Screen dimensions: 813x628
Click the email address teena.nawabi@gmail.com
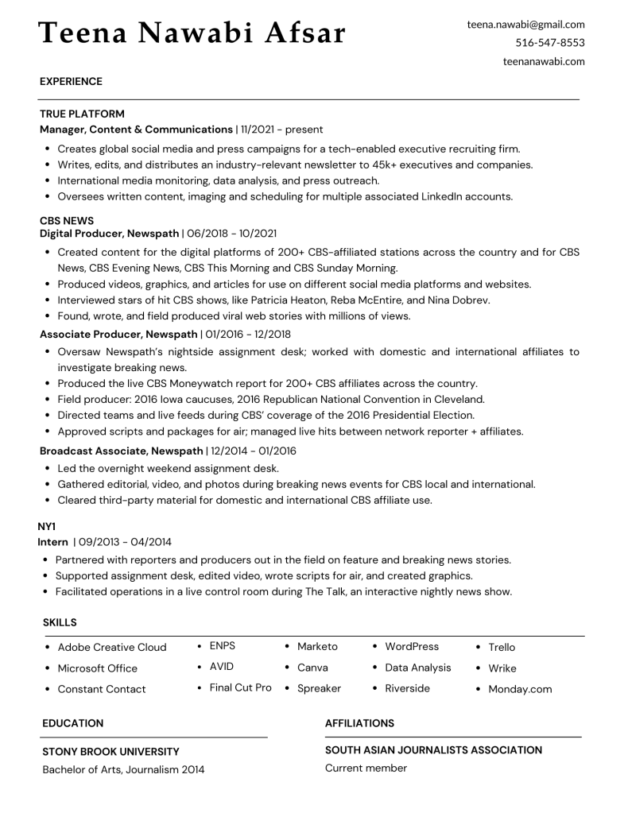point(525,25)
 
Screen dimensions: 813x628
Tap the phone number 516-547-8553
point(549,43)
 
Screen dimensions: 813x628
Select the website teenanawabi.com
point(544,61)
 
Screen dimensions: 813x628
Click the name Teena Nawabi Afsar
point(192,33)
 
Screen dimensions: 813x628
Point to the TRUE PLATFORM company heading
point(82,114)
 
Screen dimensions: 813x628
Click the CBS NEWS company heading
point(67,221)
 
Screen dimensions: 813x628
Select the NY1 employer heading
point(47,527)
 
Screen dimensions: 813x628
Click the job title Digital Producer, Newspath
point(110,234)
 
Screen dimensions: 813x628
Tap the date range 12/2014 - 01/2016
point(254,451)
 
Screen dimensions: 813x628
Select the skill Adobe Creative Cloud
point(112,647)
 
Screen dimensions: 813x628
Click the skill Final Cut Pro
point(240,687)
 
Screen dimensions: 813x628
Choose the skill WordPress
point(412,646)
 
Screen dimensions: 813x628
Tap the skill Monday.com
point(520,689)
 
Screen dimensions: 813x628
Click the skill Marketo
point(317,646)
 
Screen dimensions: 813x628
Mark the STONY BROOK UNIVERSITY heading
point(110,752)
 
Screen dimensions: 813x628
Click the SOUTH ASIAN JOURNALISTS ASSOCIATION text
point(433,750)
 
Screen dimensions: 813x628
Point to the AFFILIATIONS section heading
point(359,723)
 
